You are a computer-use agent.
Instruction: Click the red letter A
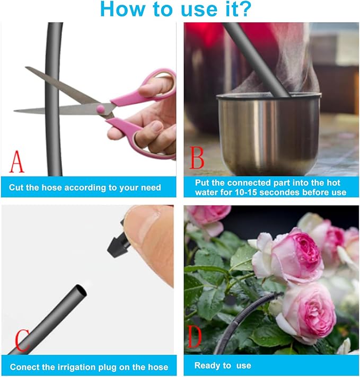pos(17,161)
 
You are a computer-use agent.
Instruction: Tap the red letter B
pos(197,158)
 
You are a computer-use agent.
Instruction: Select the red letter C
pos(22,340)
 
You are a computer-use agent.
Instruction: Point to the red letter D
pos(195,337)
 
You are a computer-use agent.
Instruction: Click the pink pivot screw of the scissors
pos(101,109)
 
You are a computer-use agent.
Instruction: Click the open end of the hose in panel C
pos(81,291)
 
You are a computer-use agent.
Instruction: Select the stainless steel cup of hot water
pos(269,134)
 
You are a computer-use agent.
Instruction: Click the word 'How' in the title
pos(123,9)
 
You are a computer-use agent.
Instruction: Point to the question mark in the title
pos(244,9)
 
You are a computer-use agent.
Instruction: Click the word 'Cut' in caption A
pos(16,187)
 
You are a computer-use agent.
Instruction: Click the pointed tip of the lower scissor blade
pos(14,111)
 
